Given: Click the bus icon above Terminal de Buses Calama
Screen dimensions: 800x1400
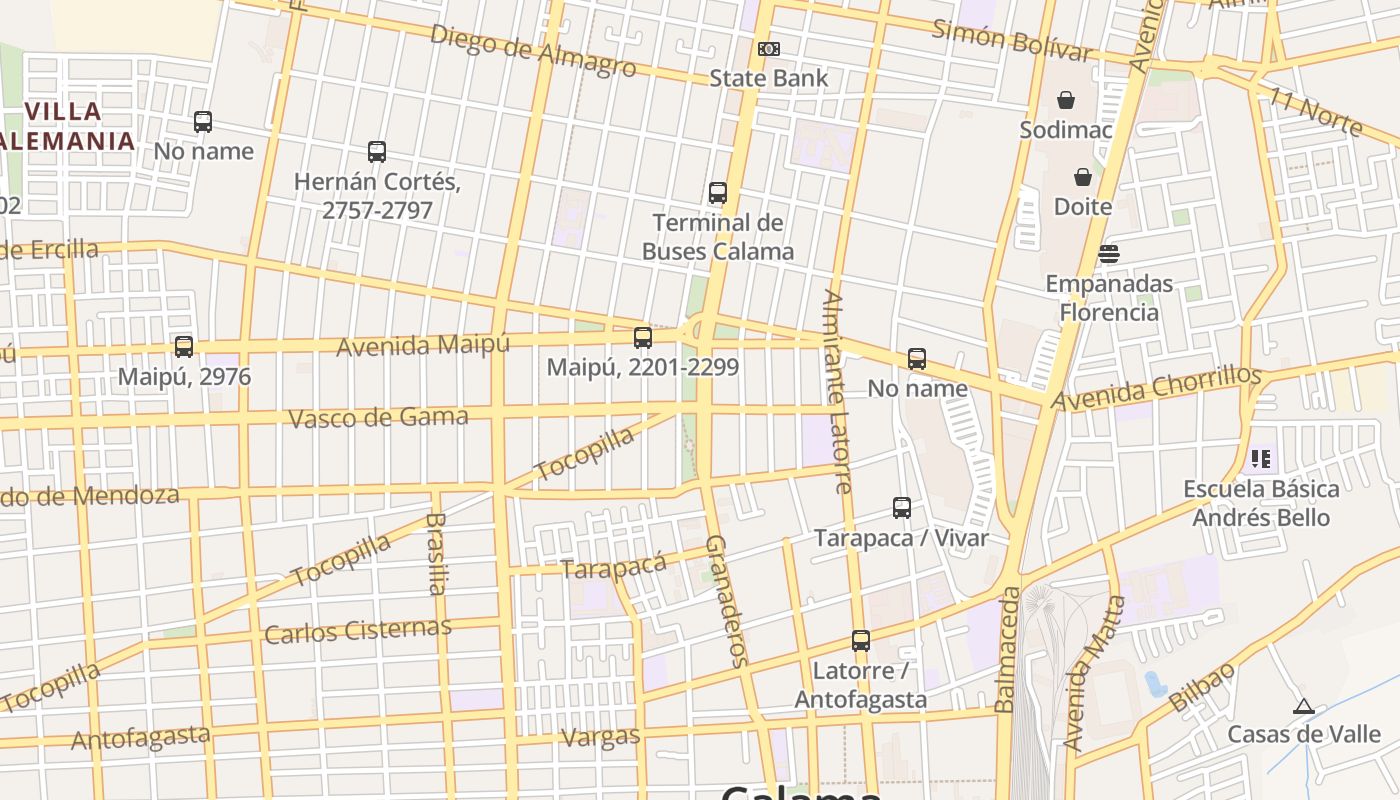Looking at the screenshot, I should [x=717, y=193].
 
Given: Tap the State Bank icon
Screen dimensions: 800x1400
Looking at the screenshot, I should [x=768, y=49].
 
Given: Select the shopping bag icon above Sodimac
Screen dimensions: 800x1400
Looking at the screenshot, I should [x=1066, y=100].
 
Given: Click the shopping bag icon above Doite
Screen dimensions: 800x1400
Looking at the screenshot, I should [x=1082, y=178].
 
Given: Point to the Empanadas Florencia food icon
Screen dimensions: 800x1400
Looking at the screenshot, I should [x=1108, y=254].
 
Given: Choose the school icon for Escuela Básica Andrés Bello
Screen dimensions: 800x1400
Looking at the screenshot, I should [x=1260, y=459].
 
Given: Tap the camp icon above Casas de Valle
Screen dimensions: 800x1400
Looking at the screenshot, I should [x=1302, y=707].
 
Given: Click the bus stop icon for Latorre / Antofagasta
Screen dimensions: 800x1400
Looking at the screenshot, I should [x=860, y=641].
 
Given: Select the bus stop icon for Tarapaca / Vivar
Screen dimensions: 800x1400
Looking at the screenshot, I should [x=901, y=508].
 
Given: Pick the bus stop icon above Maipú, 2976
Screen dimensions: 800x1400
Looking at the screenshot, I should [x=184, y=347].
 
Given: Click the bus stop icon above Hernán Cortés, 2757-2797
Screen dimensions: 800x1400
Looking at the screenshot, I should [x=376, y=152].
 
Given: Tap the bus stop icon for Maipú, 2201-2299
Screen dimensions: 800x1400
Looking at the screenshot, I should [x=643, y=338].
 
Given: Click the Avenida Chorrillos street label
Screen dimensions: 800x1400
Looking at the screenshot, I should [x=1156, y=388].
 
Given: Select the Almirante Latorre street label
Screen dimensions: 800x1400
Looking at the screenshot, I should [x=837, y=392].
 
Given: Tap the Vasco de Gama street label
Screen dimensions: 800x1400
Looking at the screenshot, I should [x=378, y=416].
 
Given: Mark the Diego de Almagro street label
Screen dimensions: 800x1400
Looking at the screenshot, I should [x=532, y=50].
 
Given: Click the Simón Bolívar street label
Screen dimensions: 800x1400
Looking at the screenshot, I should [x=1010, y=40].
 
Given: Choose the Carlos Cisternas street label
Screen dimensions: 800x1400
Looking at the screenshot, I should [x=357, y=631].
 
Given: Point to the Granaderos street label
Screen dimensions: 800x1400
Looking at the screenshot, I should [x=727, y=600].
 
